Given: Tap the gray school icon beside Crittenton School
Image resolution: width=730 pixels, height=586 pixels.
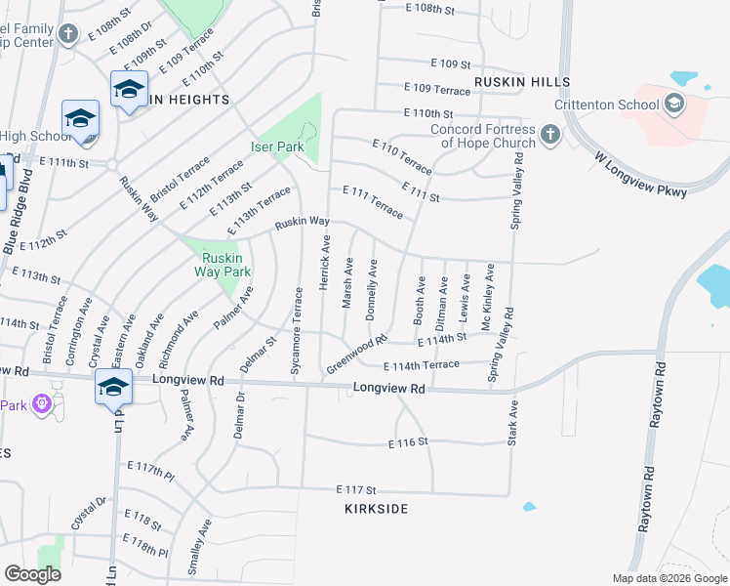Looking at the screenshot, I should pos(673,102).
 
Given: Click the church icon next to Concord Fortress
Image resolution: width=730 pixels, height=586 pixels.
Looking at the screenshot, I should pos(549,135).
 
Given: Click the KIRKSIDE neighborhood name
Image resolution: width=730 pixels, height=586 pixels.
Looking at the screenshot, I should pos(376,509).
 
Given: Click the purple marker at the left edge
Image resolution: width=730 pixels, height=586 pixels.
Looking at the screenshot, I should pos(41,403).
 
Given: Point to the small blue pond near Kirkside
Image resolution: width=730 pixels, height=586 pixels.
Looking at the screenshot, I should pos(529,507).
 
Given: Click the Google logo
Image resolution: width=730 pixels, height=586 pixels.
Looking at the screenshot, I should pos(32,573).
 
